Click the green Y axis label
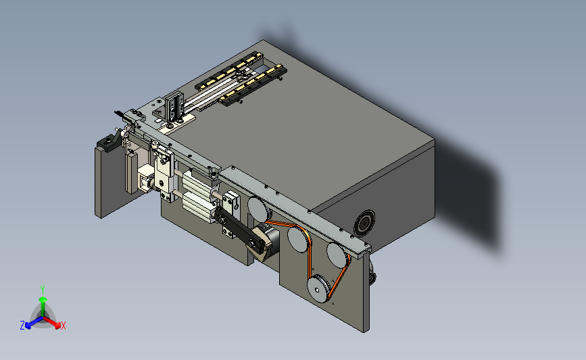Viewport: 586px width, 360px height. click(43, 290)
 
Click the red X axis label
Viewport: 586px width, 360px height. click(63, 326)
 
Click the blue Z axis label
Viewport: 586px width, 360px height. click(22, 326)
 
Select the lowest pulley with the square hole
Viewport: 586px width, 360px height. click(318, 288)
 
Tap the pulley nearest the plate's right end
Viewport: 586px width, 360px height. click(337, 255)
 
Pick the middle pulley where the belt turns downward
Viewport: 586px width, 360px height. click(297, 240)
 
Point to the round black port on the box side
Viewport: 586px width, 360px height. click(364, 224)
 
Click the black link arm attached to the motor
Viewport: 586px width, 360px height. click(239, 228)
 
